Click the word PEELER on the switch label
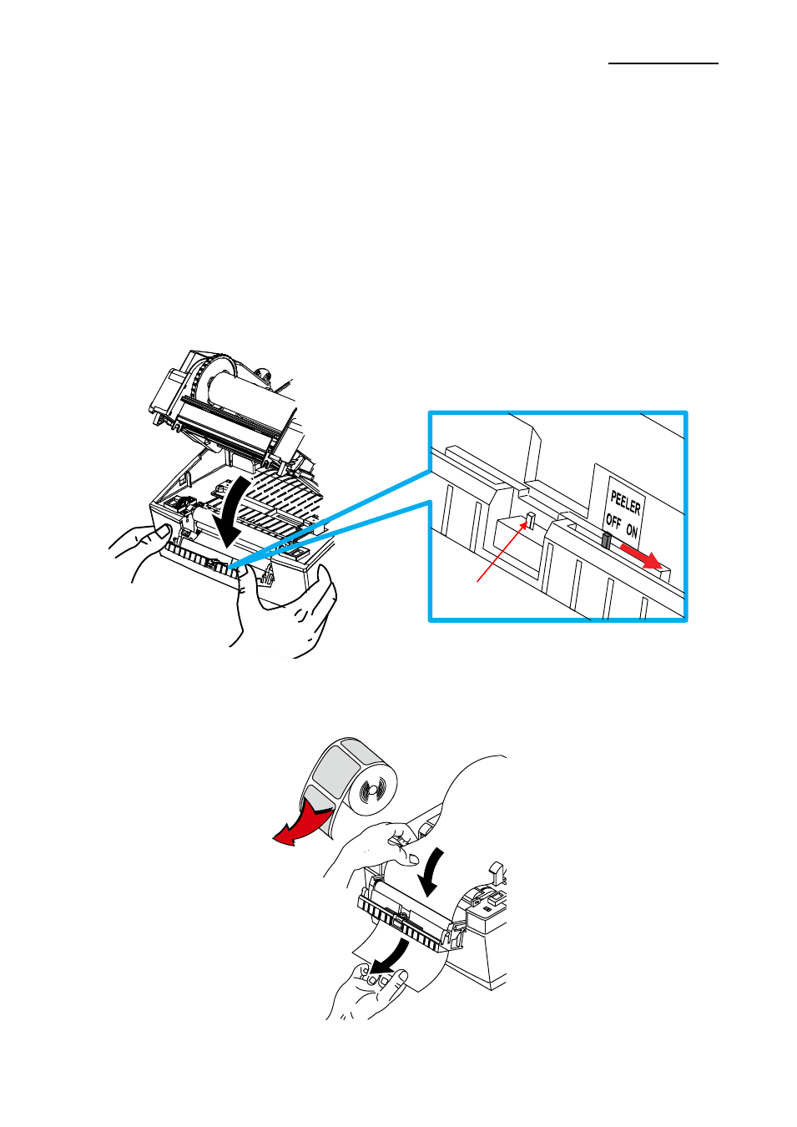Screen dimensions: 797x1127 click(x=626, y=503)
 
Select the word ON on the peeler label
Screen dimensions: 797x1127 click(x=632, y=530)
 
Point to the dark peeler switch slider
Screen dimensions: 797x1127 click(x=607, y=540)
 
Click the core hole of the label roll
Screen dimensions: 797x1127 click(x=371, y=791)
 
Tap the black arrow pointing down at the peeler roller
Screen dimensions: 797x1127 click(x=433, y=872)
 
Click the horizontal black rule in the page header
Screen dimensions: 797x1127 click(x=663, y=63)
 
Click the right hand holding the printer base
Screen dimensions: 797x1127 click(x=286, y=609)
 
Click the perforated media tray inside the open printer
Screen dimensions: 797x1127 click(x=281, y=503)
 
